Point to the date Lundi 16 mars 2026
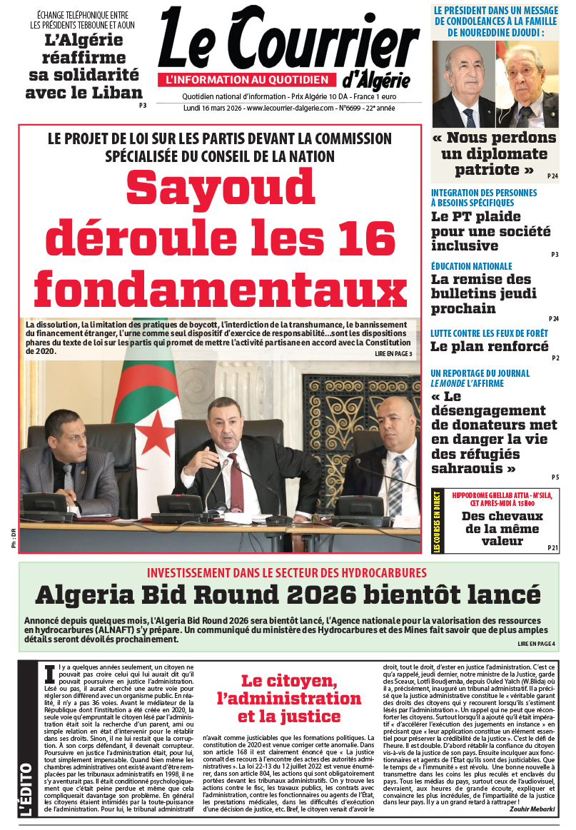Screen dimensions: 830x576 (208, 108)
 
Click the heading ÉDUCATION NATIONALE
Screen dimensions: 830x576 (472, 266)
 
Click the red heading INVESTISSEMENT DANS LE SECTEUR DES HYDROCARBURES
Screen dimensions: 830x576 (286, 573)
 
